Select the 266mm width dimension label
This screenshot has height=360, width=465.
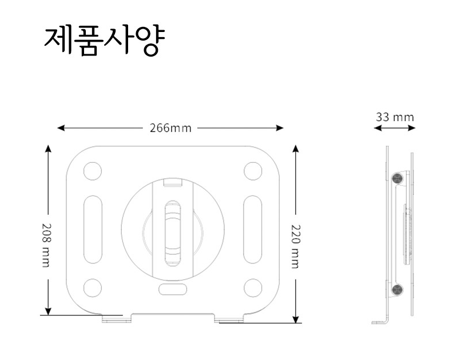(170, 128)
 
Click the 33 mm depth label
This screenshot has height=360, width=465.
(395, 117)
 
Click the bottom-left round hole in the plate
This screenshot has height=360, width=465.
(92, 287)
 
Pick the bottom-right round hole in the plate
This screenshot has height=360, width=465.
(252, 287)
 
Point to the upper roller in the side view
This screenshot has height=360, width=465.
(397, 178)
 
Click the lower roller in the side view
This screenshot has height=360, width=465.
(396, 290)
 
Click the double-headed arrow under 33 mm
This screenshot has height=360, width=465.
(395, 129)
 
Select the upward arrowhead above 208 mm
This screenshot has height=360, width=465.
(48, 149)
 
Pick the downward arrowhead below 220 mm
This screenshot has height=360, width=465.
(296, 319)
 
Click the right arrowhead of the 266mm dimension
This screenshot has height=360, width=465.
(280, 128)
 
